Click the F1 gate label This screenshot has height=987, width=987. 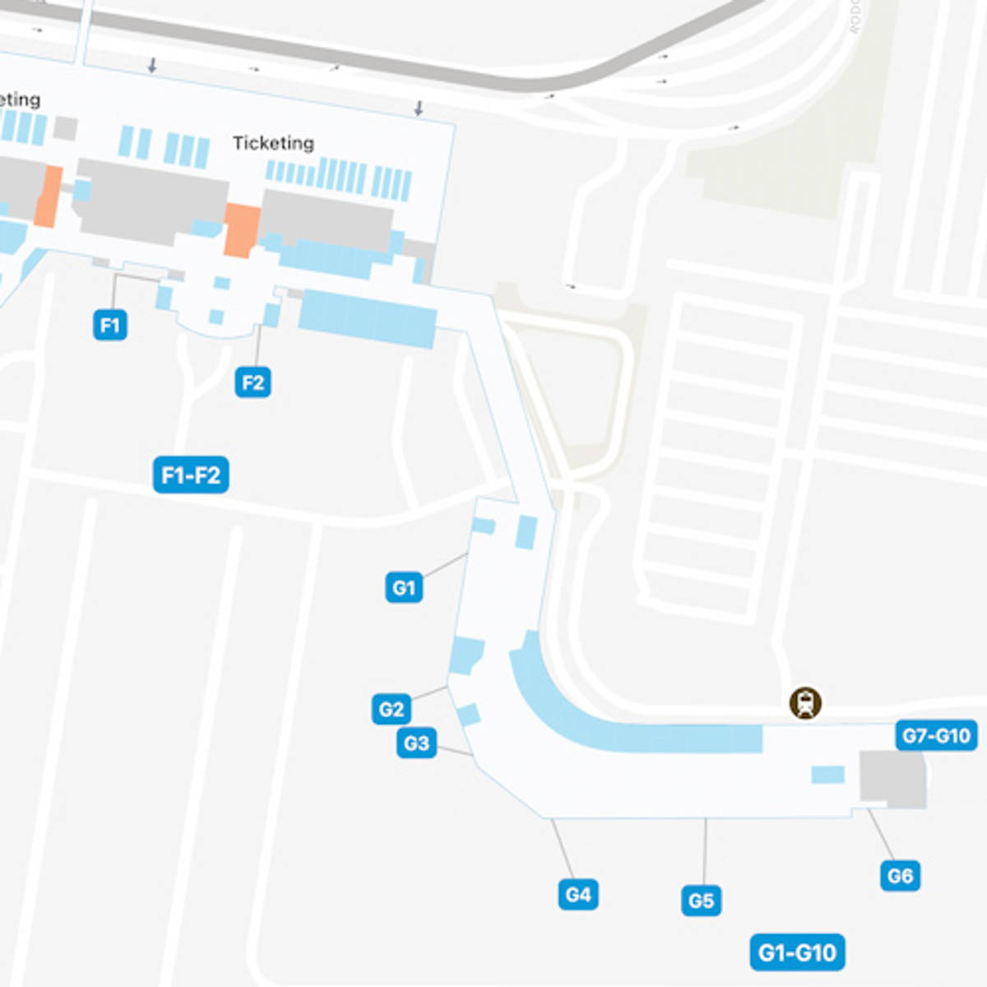click(x=109, y=325)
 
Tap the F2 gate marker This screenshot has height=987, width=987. click(x=253, y=382)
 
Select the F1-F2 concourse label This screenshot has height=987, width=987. click(x=191, y=475)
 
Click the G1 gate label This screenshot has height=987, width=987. click(x=404, y=587)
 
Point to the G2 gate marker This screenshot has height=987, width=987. click(x=391, y=709)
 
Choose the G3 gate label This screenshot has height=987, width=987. click(x=416, y=744)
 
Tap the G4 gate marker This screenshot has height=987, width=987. click(x=577, y=894)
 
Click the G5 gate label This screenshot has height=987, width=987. click(x=701, y=901)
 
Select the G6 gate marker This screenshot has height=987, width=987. click(x=900, y=876)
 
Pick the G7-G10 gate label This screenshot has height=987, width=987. click(x=936, y=735)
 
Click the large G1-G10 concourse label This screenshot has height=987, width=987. click(x=797, y=953)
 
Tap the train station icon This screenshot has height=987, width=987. click(x=805, y=703)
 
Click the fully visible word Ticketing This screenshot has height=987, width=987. click(x=273, y=143)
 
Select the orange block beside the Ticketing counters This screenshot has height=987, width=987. click(x=242, y=230)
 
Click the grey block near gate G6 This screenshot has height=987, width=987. click(x=892, y=777)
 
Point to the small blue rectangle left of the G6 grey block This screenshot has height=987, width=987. click(x=827, y=775)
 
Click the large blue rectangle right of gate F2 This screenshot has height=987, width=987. click(x=368, y=318)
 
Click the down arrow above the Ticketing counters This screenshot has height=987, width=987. click(x=419, y=109)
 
